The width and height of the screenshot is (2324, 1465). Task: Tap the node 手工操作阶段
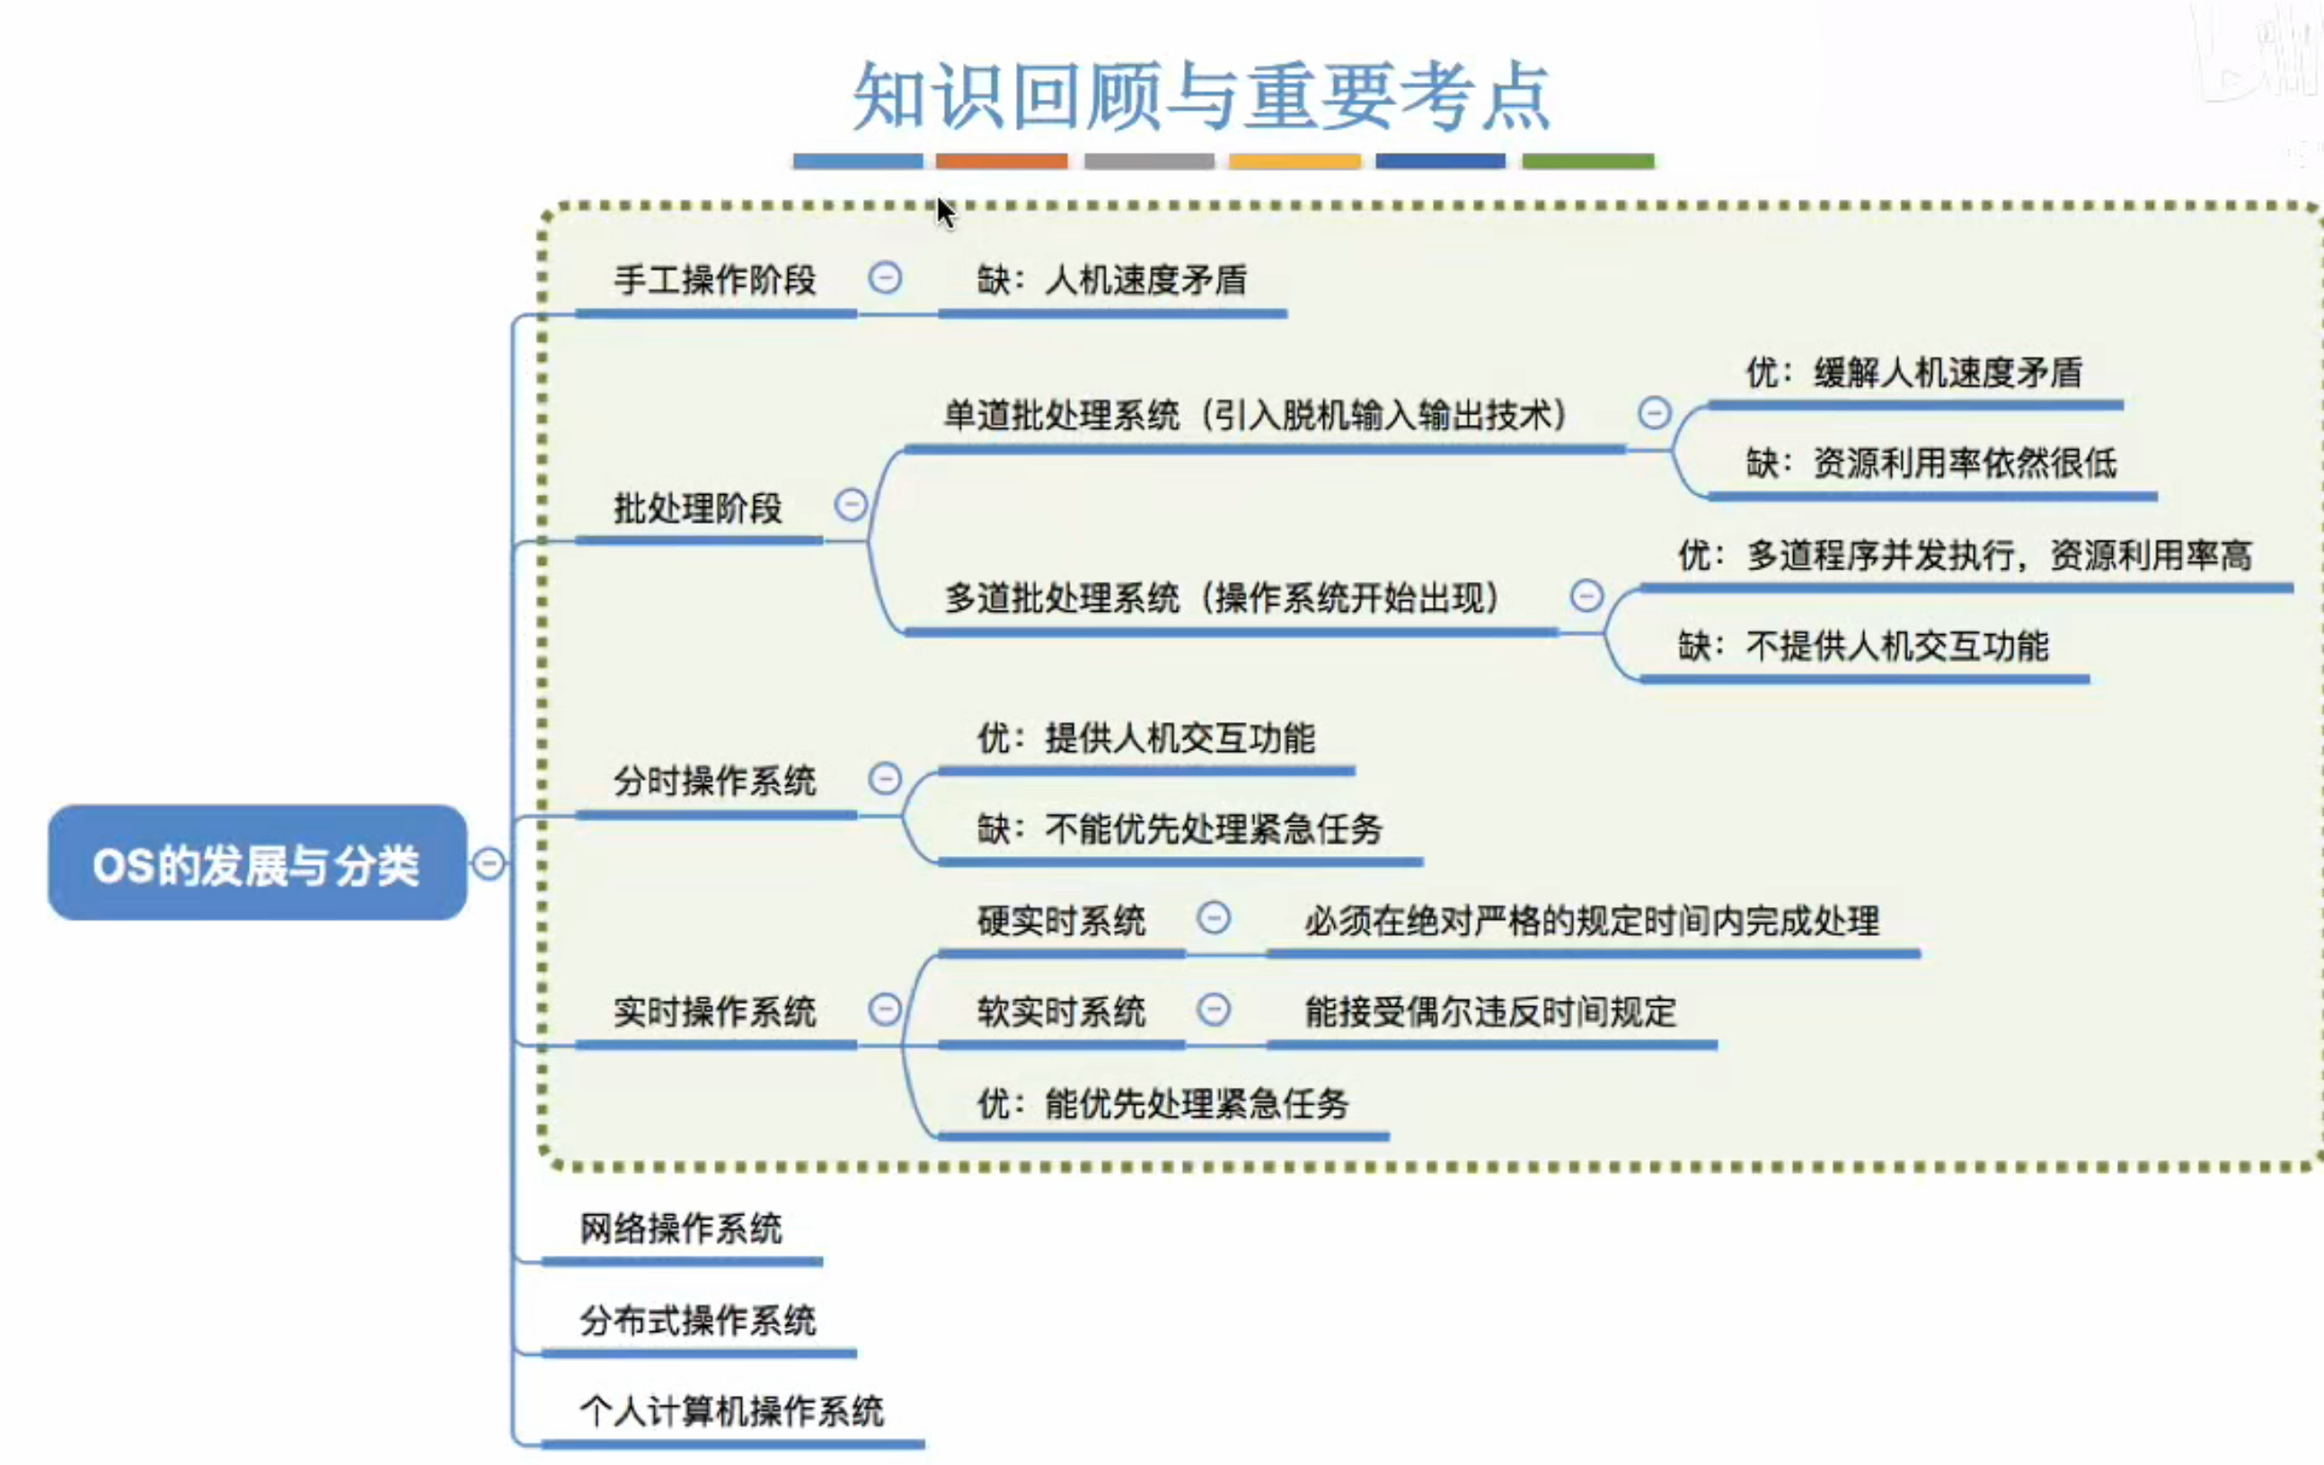pyautogui.click(x=714, y=280)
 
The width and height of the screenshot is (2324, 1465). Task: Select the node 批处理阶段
pyautogui.click(x=697, y=507)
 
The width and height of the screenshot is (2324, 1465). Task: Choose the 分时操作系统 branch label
pyautogui.click(x=714, y=781)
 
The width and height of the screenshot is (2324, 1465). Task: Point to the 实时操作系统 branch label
pyautogui.click(x=714, y=1011)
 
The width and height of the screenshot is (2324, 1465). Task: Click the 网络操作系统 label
pyautogui.click(x=680, y=1229)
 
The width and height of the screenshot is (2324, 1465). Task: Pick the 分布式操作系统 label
pyautogui.click(x=697, y=1320)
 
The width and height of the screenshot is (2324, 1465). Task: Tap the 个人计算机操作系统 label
pyautogui.click(x=730, y=1411)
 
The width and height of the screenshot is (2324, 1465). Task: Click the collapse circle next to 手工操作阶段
pyautogui.click(x=884, y=278)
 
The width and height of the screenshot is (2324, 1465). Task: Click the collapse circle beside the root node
pyautogui.click(x=489, y=863)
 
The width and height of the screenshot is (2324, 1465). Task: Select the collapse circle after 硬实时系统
pyautogui.click(x=1213, y=918)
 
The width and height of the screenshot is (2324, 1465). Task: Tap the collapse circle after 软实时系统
pyautogui.click(x=1213, y=1010)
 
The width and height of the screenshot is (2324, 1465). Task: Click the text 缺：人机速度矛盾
pyautogui.click(x=1112, y=280)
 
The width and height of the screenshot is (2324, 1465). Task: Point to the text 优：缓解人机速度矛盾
pyautogui.click(x=1913, y=372)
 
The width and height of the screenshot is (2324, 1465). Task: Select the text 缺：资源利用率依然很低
pyautogui.click(x=1931, y=463)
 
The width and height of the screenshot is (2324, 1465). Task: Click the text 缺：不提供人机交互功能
pyautogui.click(x=1862, y=646)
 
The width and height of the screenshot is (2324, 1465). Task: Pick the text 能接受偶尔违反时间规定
pyautogui.click(x=1490, y=1011)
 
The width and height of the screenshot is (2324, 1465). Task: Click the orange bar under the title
pyautogui.click(x=1001, y=161)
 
